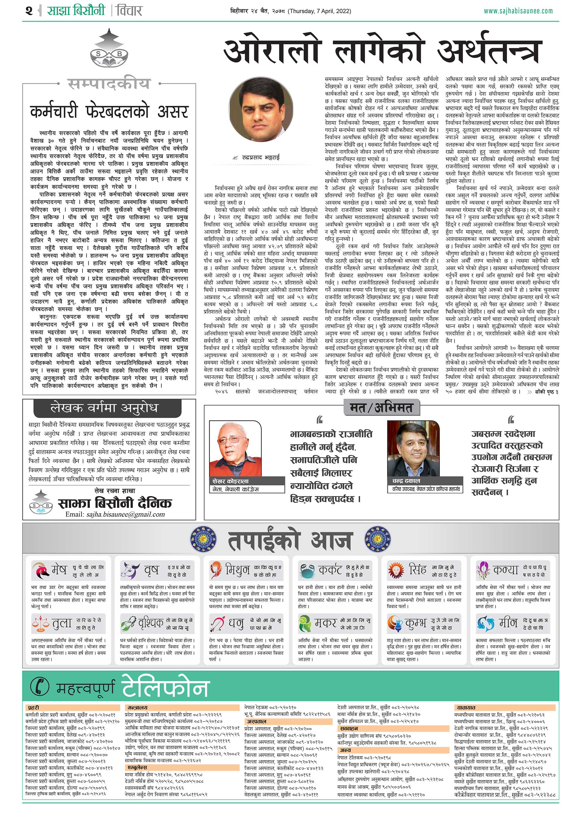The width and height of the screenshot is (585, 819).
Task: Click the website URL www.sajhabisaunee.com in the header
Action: tap(518, 11)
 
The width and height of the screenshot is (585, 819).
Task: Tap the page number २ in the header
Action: tap(29, 11)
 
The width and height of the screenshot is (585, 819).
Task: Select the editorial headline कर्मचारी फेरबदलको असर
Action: tap(109, 112)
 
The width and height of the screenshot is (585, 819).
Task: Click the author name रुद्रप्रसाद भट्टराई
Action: tap(261, 157)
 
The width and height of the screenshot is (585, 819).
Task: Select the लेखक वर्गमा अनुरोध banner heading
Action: tap(104, 408)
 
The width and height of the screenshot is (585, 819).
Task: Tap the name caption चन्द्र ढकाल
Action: tap(406, 481)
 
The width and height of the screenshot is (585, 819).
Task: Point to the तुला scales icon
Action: tap(40, 623)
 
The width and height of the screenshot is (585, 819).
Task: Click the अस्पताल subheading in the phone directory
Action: tap(257, 721)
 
